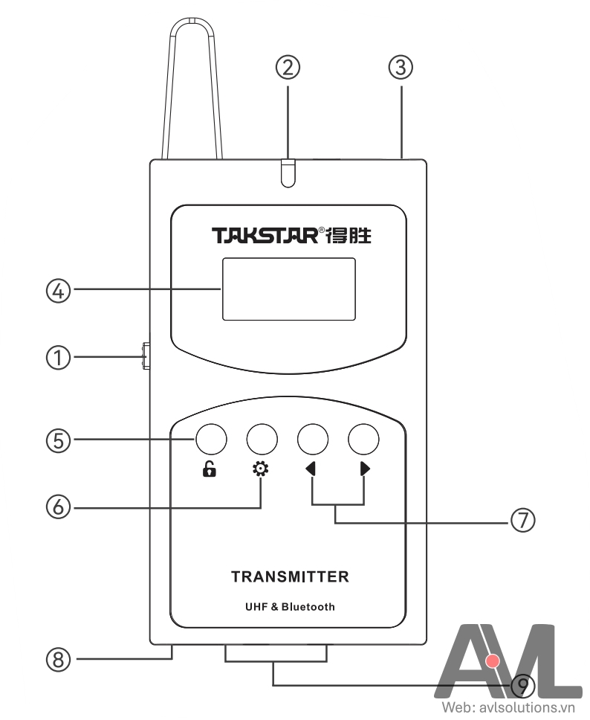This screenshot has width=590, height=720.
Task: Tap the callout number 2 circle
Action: click(288, 68)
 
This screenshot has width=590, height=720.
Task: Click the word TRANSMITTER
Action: click(290, 576)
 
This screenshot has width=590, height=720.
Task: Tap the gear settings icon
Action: click(262, 470)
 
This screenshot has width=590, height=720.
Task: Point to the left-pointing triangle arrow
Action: click(311, 470)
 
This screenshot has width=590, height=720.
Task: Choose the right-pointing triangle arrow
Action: click(364, 470)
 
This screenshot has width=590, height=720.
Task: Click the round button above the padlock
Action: click(210, 440)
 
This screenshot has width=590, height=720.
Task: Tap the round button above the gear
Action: click(262, 440)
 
